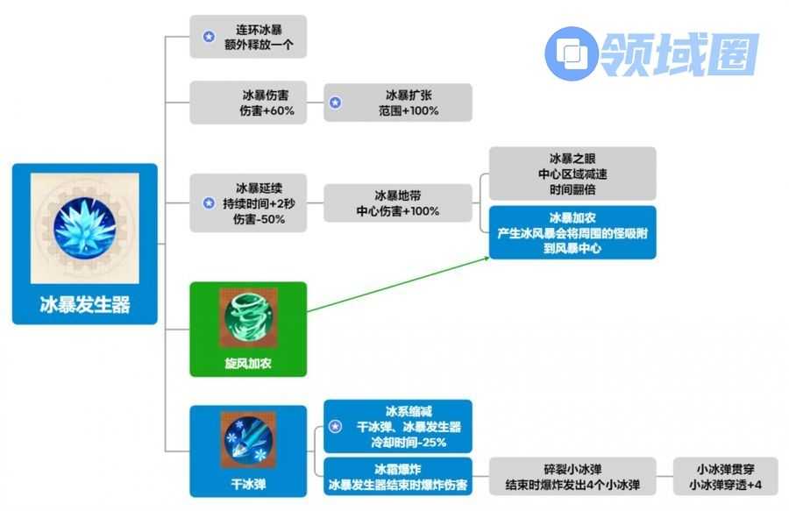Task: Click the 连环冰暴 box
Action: click(249, 37)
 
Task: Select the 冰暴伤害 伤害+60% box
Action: click(249, 103)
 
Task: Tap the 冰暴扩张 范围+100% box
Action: click(397, 103)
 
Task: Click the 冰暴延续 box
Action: click(249, 203)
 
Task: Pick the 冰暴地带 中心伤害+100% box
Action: click(397, 203)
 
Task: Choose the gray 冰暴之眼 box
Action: click(572, 173)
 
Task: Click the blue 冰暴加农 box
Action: click(572, 232)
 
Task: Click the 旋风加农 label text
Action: click(248, 363)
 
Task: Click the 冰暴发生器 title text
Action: click(85, 304)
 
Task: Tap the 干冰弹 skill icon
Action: click(248, 439)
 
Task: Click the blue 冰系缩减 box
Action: click(397, 427)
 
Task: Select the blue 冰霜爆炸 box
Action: click(397, 477)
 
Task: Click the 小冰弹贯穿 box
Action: click(723, 477)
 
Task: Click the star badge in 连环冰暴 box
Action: click(208, 37)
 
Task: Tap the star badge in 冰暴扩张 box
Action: click(335, 103)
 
